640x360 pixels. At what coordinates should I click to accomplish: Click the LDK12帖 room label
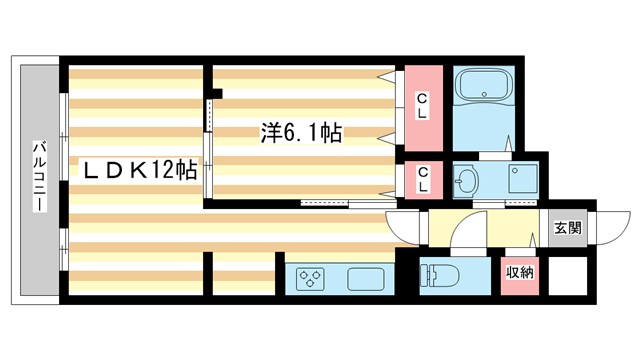point(139,171)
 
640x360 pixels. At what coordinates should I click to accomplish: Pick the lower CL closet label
point(423,180)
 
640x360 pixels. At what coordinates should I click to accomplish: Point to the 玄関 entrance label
point(567,227)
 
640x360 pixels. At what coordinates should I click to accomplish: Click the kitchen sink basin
point(366,278)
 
